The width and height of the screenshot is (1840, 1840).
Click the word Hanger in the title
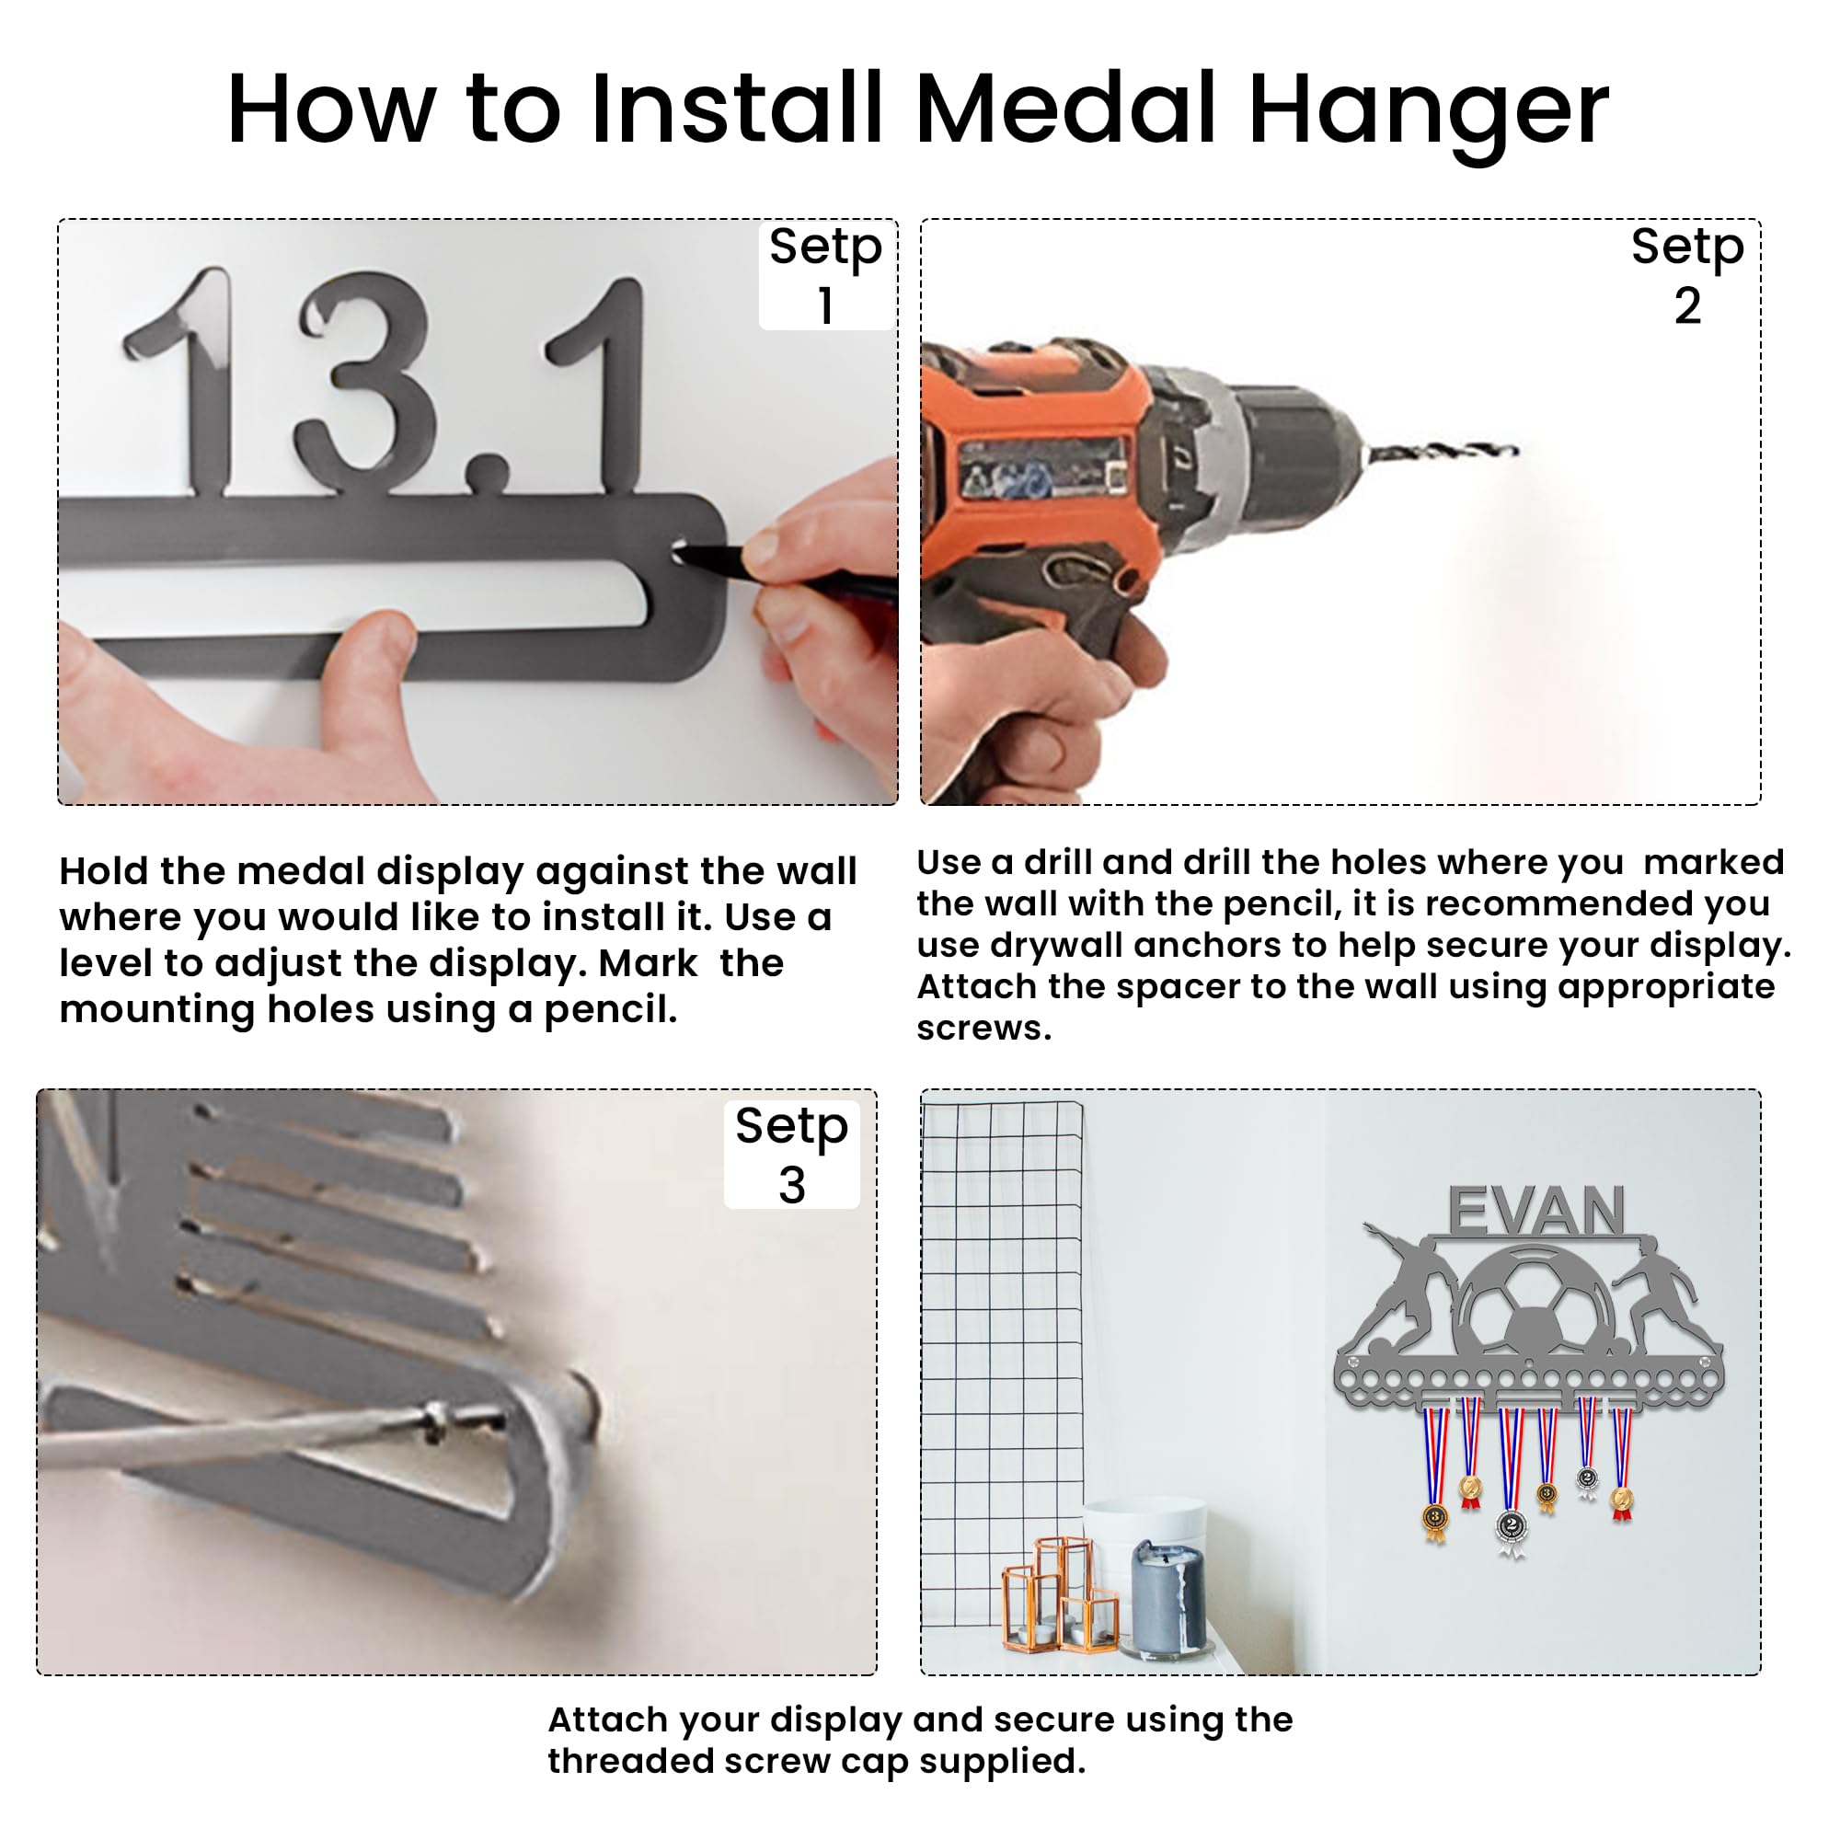click(1428, 112)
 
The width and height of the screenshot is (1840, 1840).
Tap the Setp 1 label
click(826, 275)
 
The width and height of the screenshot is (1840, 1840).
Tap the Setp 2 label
click(1686, 275)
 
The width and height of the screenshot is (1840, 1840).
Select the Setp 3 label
click(791, 1155)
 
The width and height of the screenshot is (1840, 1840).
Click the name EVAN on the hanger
click(1535, 1212)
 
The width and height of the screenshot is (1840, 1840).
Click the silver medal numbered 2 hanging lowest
click(1512, 1526)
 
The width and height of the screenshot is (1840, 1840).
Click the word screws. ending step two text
click(983, 1029)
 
